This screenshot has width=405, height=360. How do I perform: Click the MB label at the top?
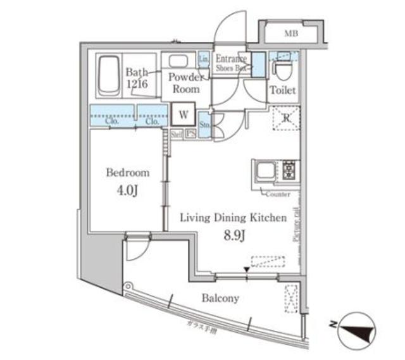tap(290, 33)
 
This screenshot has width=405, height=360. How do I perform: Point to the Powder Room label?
tap(184, 83)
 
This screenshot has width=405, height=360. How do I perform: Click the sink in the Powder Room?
tap(178, 62)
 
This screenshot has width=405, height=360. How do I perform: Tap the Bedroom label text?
tap(127, 172)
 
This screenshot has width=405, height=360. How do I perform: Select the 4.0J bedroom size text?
tap(127, 190)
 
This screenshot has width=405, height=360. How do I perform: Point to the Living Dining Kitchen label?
tap(233, 217)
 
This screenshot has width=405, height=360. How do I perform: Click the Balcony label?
tap(220, 297)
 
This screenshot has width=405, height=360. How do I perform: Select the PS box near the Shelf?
tap(189, 133)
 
